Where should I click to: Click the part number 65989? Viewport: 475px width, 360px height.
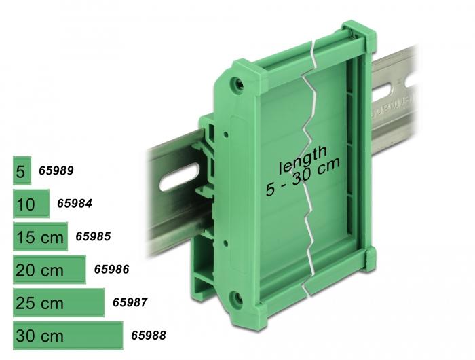coord(56,170)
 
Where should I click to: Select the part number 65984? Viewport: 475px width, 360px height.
coord(75,204)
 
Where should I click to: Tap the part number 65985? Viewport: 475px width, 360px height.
coord(93,236)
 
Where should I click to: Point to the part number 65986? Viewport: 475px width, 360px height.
coord(111,269)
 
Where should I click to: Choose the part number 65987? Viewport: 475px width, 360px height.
coord(130,302)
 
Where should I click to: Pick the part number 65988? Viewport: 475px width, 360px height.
coord(149,335)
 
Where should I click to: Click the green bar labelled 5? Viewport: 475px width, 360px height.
coord(22,170)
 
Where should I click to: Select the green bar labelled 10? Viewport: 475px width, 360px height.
coord(31,204)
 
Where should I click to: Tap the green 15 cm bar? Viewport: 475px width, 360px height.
coord(40,236)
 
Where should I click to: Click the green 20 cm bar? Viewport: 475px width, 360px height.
coord(50,269)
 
